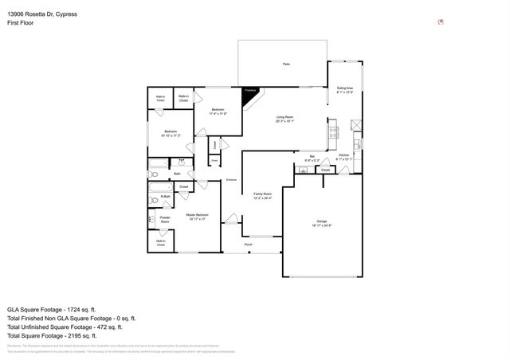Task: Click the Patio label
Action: (x=285, y=64)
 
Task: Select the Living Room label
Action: (x=284, y=119)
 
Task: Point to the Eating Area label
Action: (x=345, y=89)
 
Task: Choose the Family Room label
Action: (x=263, y=195)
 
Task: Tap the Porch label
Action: (x=248, y=245)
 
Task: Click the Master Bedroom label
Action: (x=198, y=216)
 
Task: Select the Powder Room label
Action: (x=165, y=218)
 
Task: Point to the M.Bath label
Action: (x=165, y=197)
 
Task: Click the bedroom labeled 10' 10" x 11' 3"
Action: (x=171, y=133)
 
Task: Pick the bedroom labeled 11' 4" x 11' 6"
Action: (x=218, y=111)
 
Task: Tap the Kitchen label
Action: (x=343, y=156)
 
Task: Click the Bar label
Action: (x=312, y=158)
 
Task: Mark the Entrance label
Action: (x=231, y=180)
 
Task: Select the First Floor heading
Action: (x=21, y=23)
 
